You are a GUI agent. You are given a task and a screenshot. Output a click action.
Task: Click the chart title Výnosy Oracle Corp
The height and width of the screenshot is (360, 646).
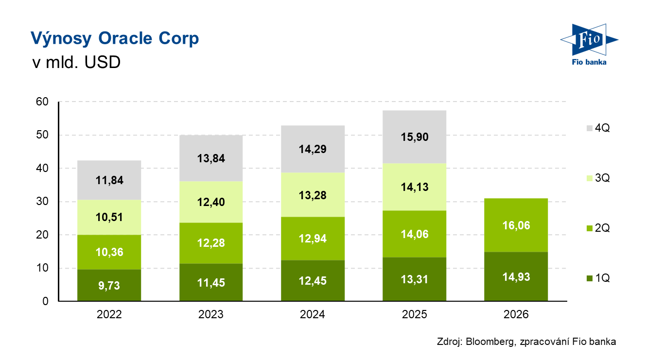pyautogui.click(x=115, y=38)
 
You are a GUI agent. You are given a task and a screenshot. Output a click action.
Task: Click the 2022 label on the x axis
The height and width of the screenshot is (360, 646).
pyautogui.click(x=109, y=314)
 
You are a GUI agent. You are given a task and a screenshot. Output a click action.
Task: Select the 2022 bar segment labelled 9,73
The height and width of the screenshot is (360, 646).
pyautogui.click(x=109, y=285)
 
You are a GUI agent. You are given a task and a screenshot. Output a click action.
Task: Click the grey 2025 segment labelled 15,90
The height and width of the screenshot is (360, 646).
pyautogui.click(x=415, y=137)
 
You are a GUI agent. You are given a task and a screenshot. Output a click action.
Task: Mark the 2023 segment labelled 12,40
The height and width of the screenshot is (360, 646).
pyautogui.click(x=211, y=202)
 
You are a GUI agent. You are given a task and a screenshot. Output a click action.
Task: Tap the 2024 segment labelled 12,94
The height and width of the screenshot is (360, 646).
pyautogui.click(x=313, y=239)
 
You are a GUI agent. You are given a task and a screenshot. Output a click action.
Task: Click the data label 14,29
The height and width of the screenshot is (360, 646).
pyautogui.click(x=313, y=149)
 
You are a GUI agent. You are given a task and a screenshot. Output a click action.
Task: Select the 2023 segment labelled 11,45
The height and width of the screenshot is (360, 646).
pyautogui.click(x=211, y=282)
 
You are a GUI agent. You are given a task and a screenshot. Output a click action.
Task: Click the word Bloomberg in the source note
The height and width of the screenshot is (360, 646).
pyautogui.click(x=488, y=342)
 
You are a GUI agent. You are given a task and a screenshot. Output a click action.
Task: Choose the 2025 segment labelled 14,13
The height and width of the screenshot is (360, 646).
pyautogui.click(x=415, y=187)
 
